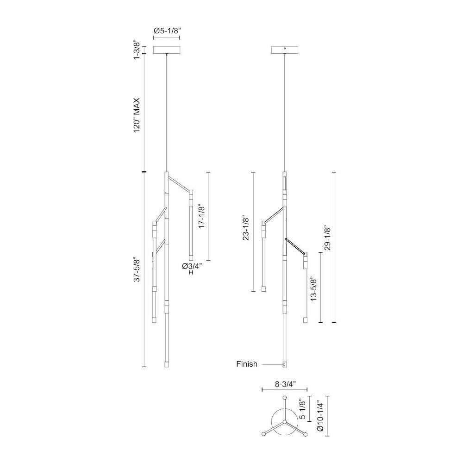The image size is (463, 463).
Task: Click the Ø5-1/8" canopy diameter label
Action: (167, 31)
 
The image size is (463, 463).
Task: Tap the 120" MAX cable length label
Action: (137, 115)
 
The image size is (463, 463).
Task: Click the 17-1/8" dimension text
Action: (202, 216)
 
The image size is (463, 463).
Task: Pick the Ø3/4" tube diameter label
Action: (192, 266)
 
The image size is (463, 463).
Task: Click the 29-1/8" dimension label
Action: (327, 238)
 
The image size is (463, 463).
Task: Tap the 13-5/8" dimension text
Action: (313, 288)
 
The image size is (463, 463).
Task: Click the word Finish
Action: (247, 364)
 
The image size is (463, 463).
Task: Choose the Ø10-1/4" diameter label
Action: (321, 416)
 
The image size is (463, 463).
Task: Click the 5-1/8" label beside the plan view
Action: (302, 409)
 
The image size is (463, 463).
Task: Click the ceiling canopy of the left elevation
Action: (167, 50)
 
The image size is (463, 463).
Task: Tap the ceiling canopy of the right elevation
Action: (285, 50)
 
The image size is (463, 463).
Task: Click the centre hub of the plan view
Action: (284, 422)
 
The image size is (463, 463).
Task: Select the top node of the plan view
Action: (284, 397)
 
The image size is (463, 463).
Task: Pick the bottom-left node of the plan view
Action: (263, 434)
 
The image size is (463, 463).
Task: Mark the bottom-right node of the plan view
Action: (305, 434)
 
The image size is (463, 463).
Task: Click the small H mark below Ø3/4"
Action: (191, 273)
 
